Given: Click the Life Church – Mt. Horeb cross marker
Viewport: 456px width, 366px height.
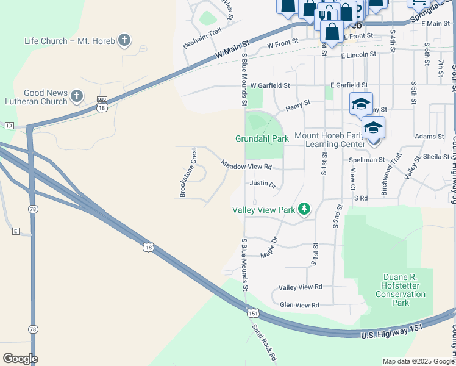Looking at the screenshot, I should [124, 41].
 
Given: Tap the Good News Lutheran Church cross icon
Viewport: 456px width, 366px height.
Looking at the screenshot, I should [77, 96].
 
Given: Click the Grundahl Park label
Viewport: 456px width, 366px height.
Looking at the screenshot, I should [262, 139].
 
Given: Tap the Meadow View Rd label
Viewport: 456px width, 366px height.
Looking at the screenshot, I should [246, 165].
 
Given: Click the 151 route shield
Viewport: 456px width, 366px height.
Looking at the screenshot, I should [253, 313].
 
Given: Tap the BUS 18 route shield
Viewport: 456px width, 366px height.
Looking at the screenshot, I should [102, 103].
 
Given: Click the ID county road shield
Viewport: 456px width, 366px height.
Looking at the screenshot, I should [9, 126].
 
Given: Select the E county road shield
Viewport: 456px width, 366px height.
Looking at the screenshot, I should [16, 231].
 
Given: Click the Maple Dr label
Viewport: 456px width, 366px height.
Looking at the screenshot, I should [269, 247].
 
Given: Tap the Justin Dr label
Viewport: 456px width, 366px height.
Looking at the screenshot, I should [263, 184].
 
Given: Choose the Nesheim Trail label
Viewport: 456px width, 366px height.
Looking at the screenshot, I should [201, 39].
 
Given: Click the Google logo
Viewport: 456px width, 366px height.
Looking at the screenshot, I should [20, 359].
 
